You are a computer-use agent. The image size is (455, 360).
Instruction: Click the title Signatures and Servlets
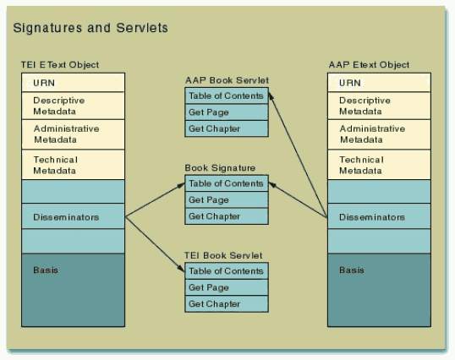(90, 28)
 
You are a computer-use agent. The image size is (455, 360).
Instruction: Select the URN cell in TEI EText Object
(73, 83)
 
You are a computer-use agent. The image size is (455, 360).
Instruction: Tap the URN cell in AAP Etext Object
(379, 83)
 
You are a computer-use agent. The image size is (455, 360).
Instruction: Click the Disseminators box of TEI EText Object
(73, 216)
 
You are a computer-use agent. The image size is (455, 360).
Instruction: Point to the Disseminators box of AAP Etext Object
(379, 216)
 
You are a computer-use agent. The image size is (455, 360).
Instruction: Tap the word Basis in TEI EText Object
(46, 270)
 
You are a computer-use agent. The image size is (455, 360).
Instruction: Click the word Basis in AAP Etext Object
(352, 270)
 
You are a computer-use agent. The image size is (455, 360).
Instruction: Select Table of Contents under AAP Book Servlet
(227, 95)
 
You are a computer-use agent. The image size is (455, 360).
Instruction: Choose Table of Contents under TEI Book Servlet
(227, 271)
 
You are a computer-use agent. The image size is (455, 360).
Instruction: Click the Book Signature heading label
(220, 168)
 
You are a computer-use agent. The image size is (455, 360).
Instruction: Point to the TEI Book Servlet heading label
(223, 255)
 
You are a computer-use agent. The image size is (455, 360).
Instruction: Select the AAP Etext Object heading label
(369, 64)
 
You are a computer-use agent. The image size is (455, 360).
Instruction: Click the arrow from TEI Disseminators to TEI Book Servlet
(155, 244)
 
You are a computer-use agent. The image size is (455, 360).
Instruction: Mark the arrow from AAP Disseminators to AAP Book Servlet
(298, 155)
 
